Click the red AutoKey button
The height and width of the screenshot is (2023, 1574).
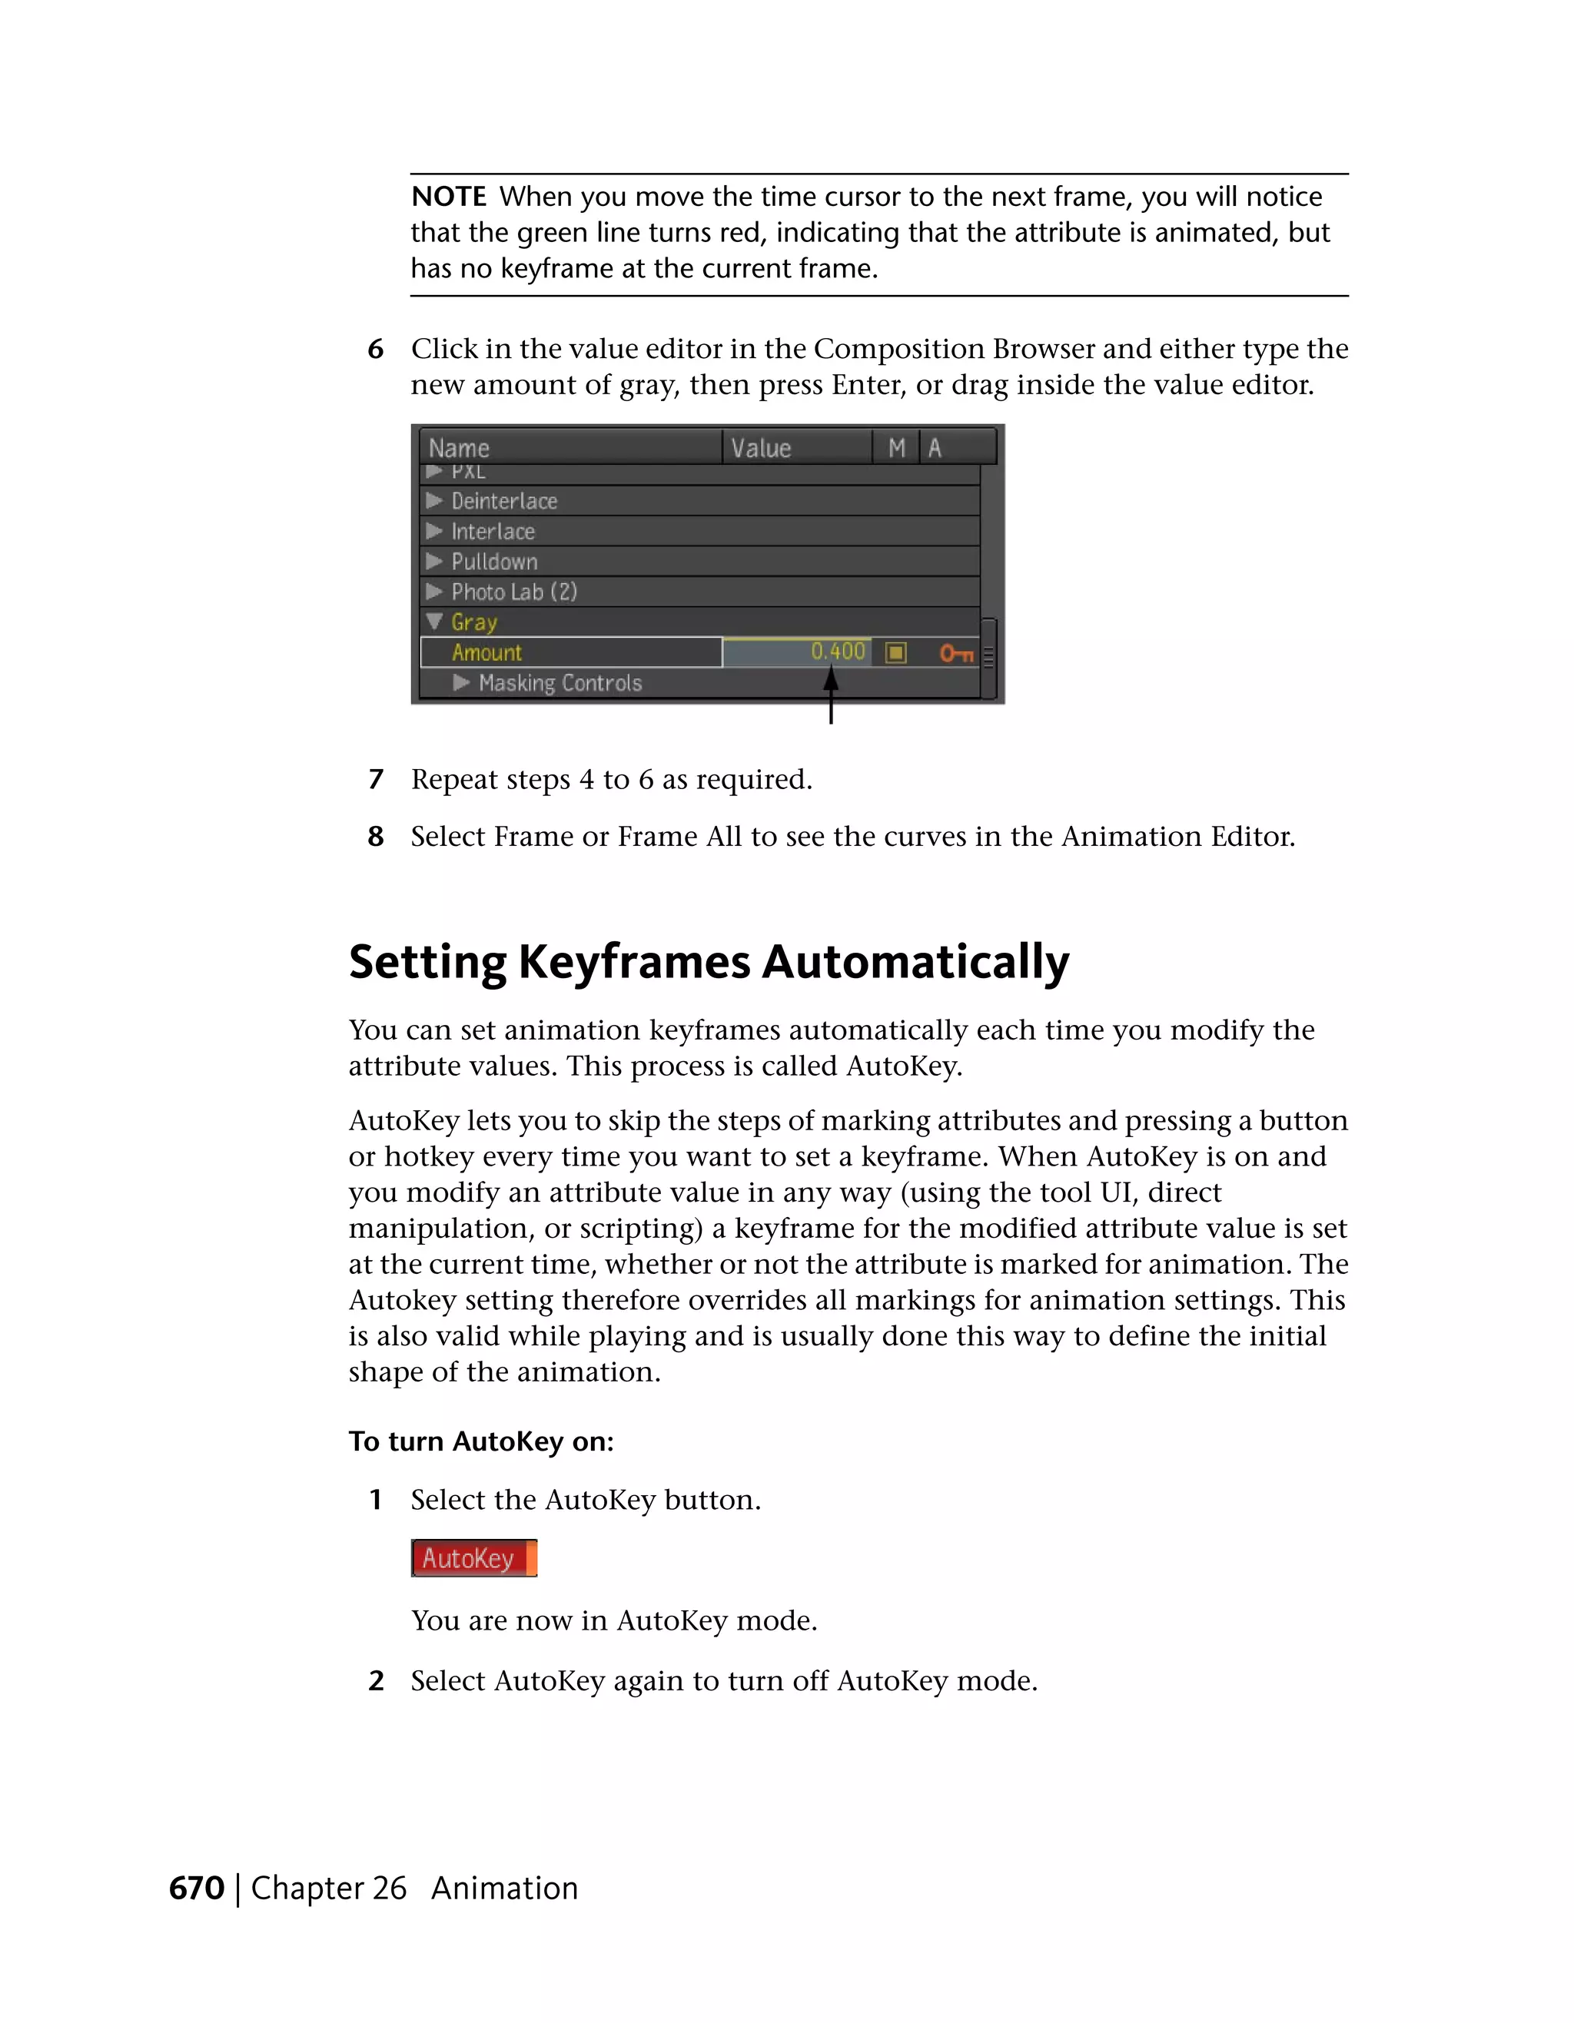tap(473, 1558)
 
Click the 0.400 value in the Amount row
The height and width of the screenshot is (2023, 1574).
tap(838, 652)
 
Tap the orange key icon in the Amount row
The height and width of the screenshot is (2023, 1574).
tap(956, 654)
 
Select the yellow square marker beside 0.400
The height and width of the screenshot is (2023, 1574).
tap(895, 653)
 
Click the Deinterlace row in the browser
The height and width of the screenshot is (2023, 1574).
tap(504, 501)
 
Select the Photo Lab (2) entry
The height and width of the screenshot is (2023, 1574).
tap(513, 592)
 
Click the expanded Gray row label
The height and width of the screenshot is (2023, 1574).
tap(473, 622)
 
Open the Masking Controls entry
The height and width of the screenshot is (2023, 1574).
tap(560, 684)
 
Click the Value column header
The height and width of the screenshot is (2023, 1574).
tap(761, 449)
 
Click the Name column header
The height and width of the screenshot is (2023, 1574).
tap(459, 449)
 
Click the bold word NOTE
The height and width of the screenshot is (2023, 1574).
tap(448, 197)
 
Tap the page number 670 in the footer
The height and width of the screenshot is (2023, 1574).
tap(197, 1888)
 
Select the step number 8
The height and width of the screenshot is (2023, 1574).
tap(375, 837)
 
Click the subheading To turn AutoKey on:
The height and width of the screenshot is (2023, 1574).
tap(481, 1441)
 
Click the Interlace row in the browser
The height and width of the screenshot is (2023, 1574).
tap(493, 532)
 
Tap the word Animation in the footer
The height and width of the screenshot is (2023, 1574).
tap(504, 1888)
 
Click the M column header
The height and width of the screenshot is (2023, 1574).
tap(896, 449)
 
